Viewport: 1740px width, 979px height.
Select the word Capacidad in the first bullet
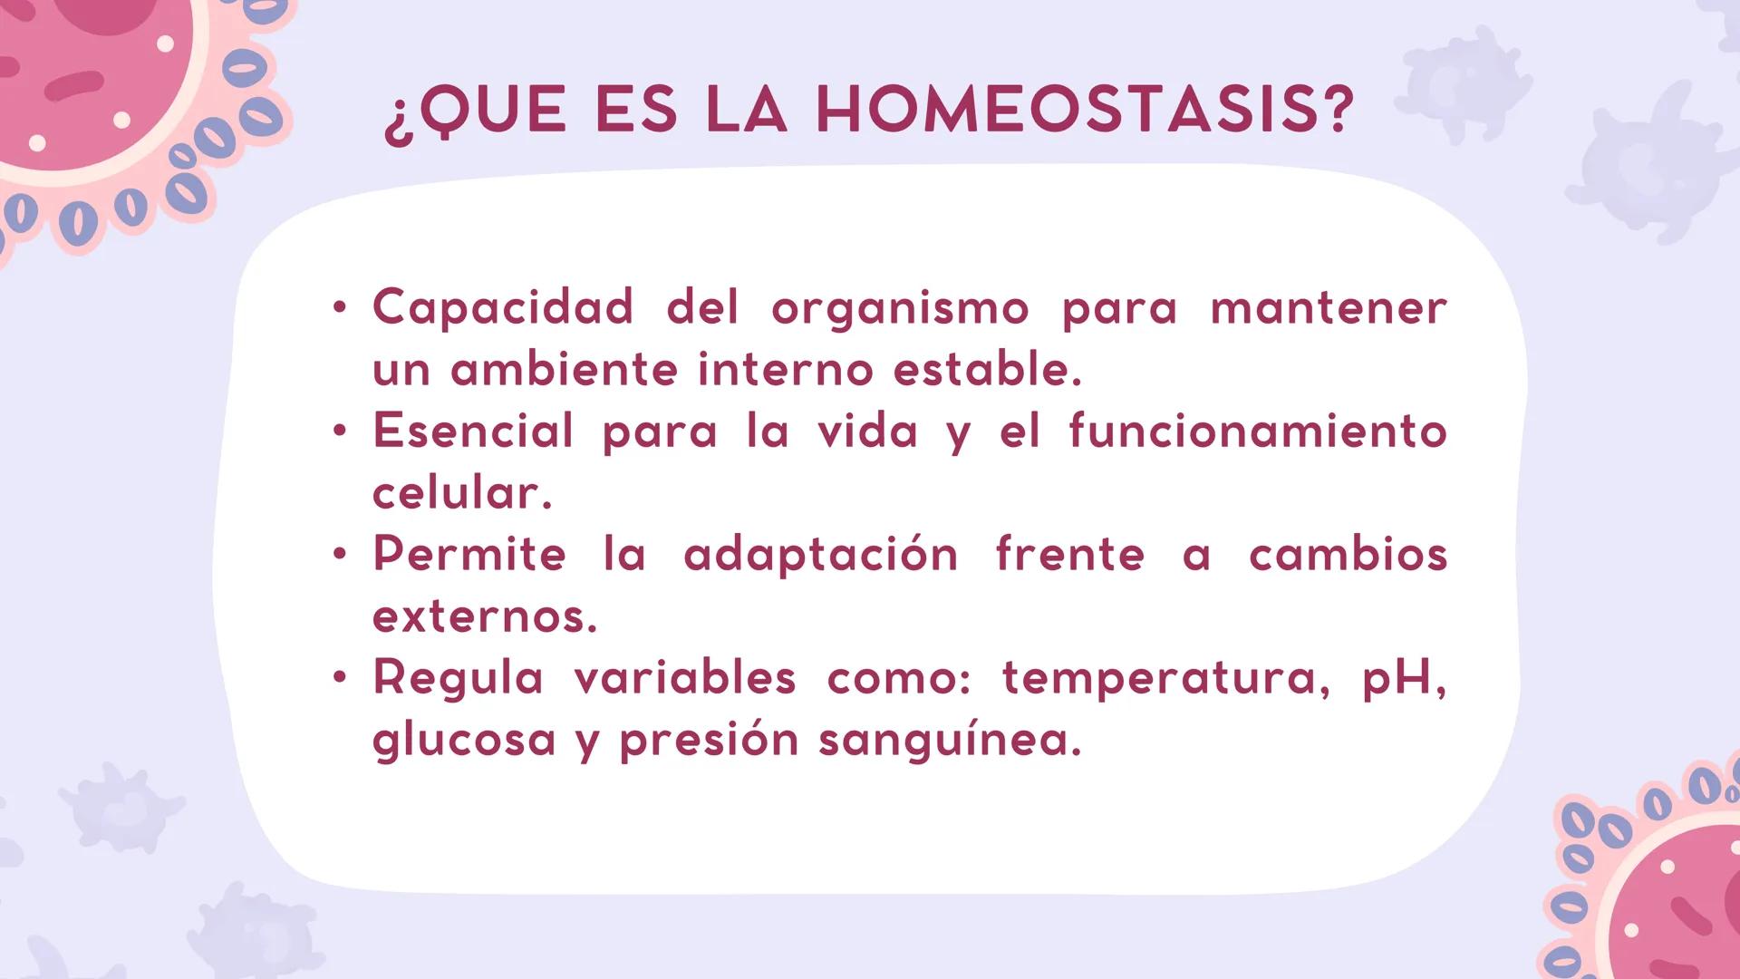(x=503, y=307)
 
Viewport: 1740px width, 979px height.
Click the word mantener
(x=1329, y=307)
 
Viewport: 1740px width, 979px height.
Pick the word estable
(x=988, y=369)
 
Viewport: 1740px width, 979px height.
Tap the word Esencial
(x=473, y=431)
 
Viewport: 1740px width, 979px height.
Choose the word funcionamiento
(x=1258, y=431)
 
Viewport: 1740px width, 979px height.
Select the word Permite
(x=469, y=554)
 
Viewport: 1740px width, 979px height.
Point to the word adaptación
(x=821, y=556)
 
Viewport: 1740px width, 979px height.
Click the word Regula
(x=458, y=679)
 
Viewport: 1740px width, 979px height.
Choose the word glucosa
(x=464, y=741)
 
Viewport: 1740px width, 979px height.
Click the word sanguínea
(x=950, y=741)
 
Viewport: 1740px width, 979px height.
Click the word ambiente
(x=564, y=369)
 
